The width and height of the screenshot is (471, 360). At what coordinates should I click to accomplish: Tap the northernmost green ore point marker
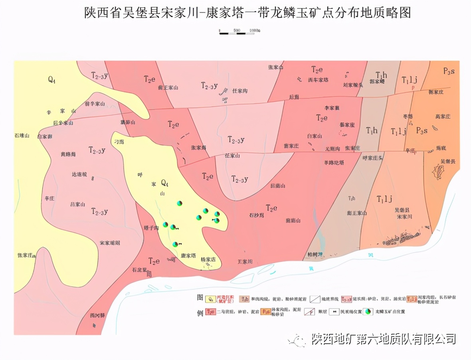pyautogui.click(x=180, y=204)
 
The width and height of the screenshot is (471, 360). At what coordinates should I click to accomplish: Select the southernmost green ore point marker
pyautogui.click(x=175, y=244)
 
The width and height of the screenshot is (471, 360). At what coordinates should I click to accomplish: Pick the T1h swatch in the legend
pyautogui.click(x=245, y=299)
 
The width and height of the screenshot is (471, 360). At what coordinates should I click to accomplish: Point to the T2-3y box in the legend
pyautogui.click(x=346, y=299)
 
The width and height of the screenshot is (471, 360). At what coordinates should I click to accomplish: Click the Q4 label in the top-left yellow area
pyautogui.click(x=52, y=80)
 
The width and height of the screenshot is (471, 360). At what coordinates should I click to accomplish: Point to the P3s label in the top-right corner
pyautogui.click(x=449, y=71)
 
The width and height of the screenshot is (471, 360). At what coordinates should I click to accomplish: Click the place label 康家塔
pyautogui.click(x=188, y=256)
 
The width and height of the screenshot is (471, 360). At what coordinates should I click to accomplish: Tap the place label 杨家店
pyautogui.click(x=208, y=259)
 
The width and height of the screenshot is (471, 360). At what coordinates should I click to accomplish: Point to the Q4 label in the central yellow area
pyautogui.click(x=164, y=183)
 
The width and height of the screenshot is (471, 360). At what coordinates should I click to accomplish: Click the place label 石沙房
pyautogui.click(x=257, y=216)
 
